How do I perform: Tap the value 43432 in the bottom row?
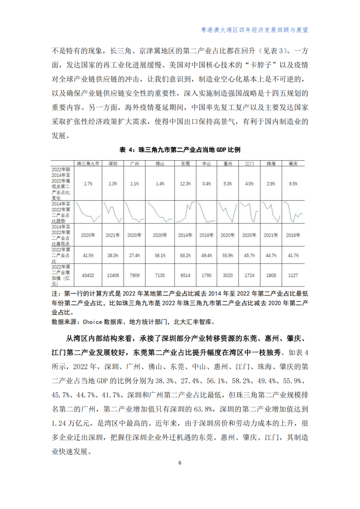click(x=88, y=275)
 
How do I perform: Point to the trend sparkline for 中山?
click(x=206, y=212)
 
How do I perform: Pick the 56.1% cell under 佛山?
click(x=160, y=256)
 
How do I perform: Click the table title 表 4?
click(x=180, y=150)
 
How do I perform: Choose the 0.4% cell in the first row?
click(x=206, y=184)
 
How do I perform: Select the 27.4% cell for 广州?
click(x=134, y=256)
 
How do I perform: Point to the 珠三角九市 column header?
click(x=88, y=164)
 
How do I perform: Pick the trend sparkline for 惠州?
click(x=228, y=212)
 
